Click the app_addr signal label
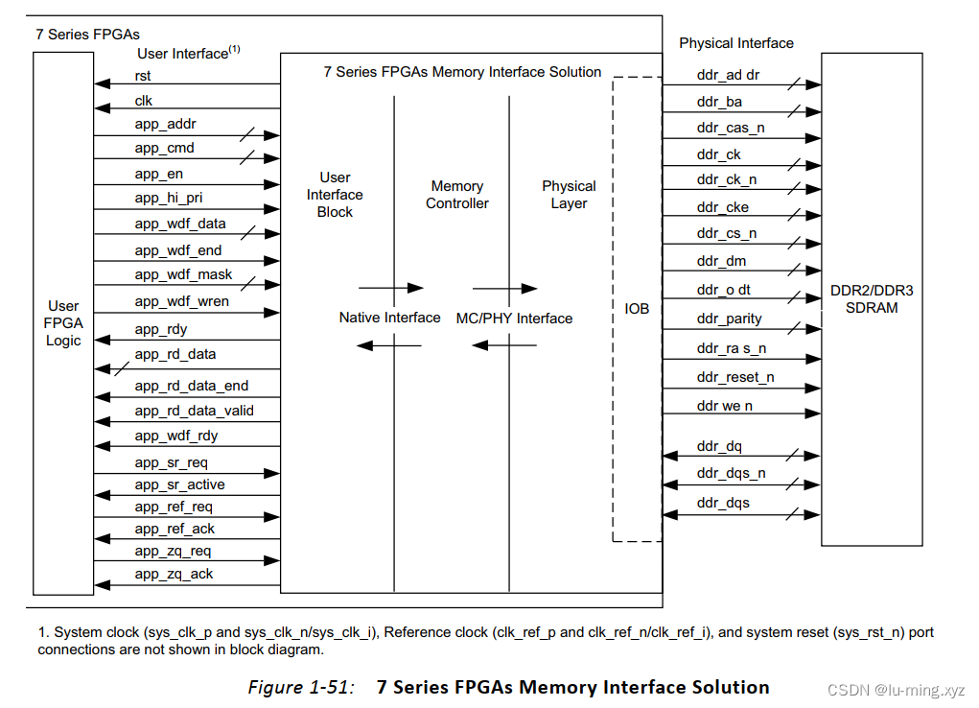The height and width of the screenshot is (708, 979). [x=165, y=124]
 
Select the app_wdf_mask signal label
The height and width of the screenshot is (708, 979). [x=183, y=274]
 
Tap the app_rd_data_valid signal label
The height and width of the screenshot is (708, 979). [x=194, y=411]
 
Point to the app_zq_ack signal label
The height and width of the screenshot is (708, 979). [x=174, y=574]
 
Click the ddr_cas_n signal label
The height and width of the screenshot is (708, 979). [x=731, y=128]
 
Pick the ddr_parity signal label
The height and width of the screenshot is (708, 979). [x=729, y=319]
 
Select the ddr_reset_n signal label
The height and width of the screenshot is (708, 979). [x=735, y=377]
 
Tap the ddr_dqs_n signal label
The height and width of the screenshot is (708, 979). [x=731, y=473]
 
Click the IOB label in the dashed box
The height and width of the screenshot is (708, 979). [x=637, y=309]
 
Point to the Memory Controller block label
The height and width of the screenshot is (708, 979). [x=457, y=195]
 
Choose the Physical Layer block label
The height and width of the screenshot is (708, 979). [x=569, y=195]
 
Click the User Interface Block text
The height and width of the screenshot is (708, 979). [x=335, y=195]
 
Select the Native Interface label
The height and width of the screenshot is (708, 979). [x=389, y=318]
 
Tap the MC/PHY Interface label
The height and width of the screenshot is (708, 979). [x=514, y=319]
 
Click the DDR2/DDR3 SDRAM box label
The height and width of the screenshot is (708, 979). [x=871, y=299]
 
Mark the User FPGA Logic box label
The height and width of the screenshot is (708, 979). [x=63, y=323]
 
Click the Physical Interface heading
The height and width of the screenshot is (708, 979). [x=735, y=43]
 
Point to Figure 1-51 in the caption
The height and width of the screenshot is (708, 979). [x=300, y=688]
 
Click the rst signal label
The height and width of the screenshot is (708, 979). [x=143, y=76]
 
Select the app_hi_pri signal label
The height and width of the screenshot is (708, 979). [x=168, y=198]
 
